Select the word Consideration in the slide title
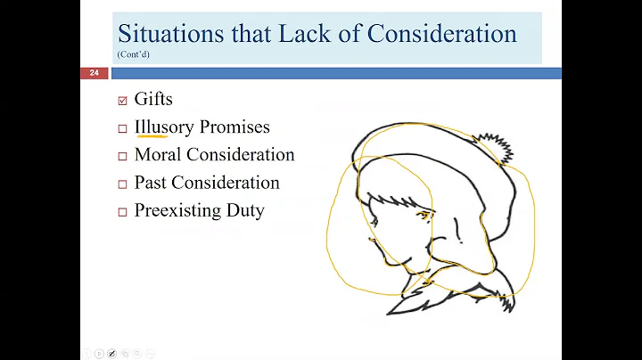click(442, 34)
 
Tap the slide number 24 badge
click(94, 73)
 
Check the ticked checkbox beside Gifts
click(123, 100)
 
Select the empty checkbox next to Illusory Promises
click(123, 128)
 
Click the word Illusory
click(164, 127)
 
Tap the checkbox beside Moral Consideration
click(123, 156)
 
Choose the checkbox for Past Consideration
click(123, 184)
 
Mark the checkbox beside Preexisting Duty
click(123, 212)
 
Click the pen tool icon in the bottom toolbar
click(111, 354)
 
